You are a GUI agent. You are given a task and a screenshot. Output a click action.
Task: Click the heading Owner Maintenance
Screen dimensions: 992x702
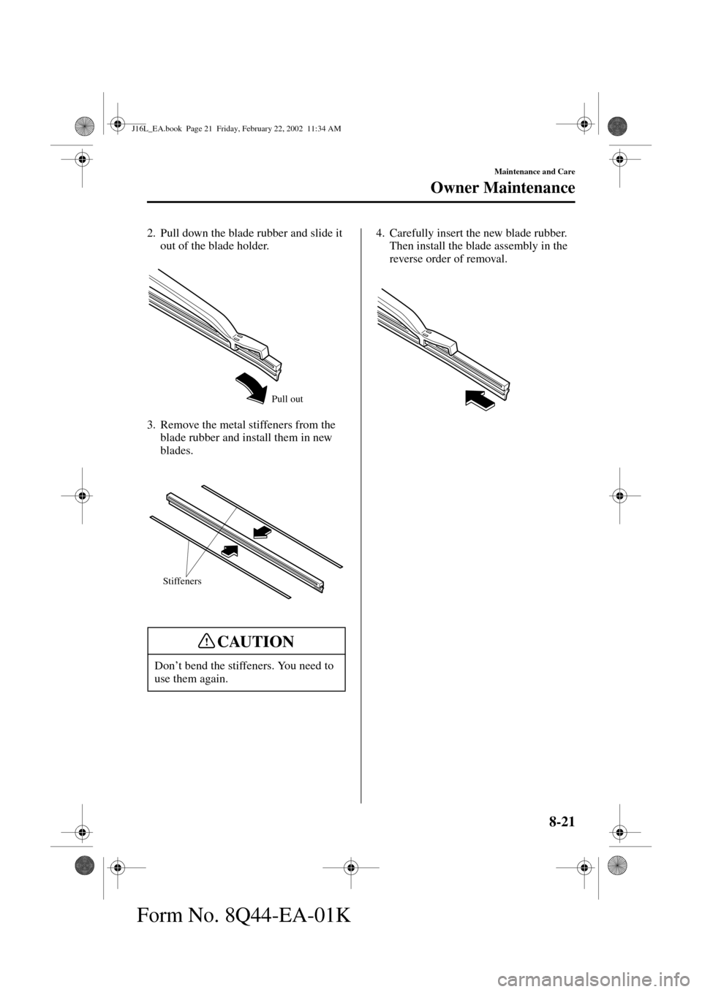point(502,188)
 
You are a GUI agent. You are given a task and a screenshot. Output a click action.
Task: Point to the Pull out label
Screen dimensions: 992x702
point(287,399)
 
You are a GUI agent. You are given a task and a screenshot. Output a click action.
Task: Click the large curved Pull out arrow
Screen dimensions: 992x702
point(252,386)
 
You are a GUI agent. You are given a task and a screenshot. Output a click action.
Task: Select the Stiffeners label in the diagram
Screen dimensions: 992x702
point(181,581)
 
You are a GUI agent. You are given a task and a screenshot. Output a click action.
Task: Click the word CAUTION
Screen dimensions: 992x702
point(255,641)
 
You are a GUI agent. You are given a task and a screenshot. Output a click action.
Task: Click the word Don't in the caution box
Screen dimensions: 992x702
point(169,665)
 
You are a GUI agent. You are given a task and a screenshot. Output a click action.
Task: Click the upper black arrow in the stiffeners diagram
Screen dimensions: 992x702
point(260,530)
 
